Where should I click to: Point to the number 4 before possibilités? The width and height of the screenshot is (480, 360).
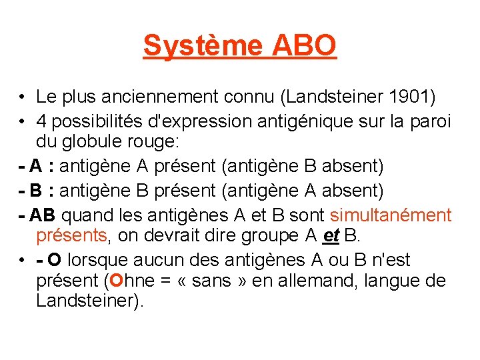pyautogui.click(x=41, y=121)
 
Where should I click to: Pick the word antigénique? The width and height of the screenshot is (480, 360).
pyautogui.click(x=293, y=121)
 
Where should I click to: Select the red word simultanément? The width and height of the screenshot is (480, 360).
pyautogui.click(x=391, y=215)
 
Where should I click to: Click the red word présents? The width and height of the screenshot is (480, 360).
pyautogui.click(x=71, y=235)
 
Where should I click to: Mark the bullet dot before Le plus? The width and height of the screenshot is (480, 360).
pyautogui.click(x=23, y=98)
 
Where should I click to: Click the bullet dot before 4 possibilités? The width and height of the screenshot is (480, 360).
pyautogui.click(x=23, y=122)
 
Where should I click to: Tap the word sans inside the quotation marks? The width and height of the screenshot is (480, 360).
pyautogui.click(x=211, y=281)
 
